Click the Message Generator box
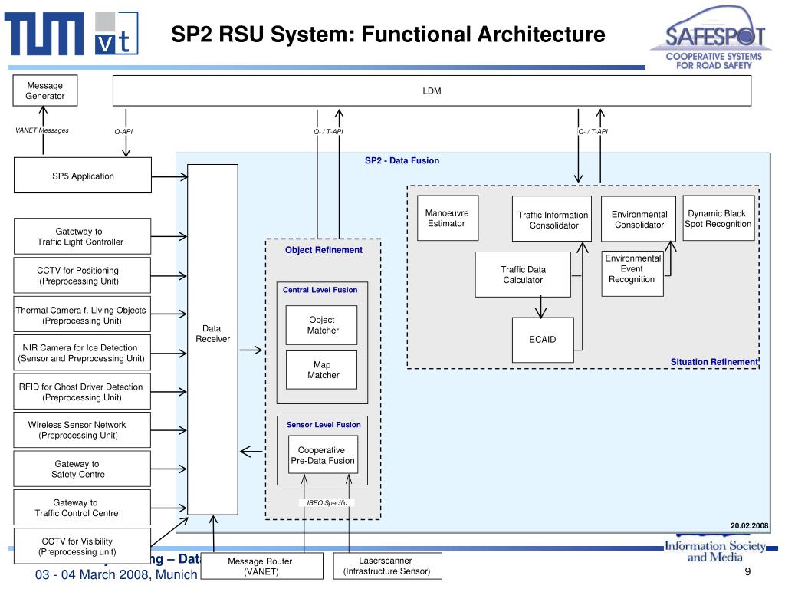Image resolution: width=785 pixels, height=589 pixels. [44, 91]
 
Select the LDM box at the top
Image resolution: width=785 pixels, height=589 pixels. [432, 91]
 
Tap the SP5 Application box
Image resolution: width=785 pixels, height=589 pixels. [83, 176]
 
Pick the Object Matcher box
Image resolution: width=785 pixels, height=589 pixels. [323, 325]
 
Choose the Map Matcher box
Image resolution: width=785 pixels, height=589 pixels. [323, 370]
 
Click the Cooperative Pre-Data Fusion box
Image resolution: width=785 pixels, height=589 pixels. [322, 456]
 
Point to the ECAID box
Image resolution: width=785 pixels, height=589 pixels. [543, 340]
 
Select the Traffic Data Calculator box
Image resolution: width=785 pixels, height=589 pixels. [523, 275]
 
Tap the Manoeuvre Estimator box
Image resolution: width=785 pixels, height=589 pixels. [446, 219]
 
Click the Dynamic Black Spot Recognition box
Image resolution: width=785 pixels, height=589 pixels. [718, 219]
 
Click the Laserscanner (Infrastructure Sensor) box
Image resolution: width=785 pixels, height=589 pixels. [386, 566]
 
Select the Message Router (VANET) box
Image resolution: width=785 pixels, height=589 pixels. [260, 567]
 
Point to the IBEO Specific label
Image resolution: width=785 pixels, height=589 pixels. [327, 503]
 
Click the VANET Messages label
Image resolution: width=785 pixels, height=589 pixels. [42, 130]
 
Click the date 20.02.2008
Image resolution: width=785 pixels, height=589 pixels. [749, 525]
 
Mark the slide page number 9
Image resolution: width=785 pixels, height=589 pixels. [746, 574]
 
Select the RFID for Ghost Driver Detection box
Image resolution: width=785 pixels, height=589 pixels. [81, 392]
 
